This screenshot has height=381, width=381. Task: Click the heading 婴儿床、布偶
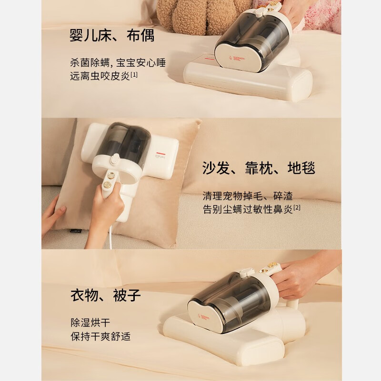(112, 35)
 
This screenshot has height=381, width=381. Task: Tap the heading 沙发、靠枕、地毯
(259, 168)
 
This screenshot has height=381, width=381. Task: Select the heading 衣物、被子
(106, 295)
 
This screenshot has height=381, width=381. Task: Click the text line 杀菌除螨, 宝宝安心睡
(118, 63)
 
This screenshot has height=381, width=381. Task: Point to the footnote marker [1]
(134, 74)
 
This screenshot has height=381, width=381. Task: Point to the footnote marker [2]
(297, 208)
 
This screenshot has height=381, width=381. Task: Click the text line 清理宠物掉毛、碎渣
(248, 196)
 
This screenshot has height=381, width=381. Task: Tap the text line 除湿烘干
(90, 323)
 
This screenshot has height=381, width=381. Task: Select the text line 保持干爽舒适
(100, 336)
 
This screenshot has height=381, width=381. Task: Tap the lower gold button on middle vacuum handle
(107, 186)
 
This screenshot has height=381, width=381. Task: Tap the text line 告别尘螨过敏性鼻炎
(248, 209)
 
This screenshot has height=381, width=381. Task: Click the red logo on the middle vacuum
(160, 153)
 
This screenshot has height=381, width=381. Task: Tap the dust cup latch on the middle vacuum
(115, 159)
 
